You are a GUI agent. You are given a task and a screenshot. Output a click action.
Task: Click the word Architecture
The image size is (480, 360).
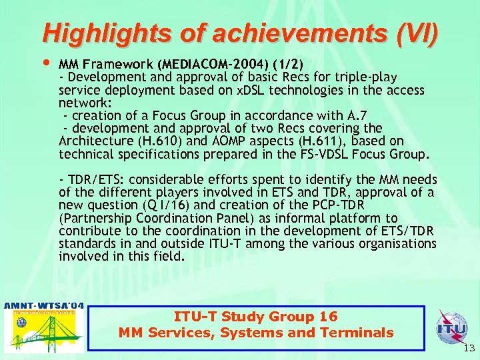pos(93,141)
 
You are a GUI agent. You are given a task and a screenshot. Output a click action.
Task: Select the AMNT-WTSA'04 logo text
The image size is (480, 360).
pos(45,306)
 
